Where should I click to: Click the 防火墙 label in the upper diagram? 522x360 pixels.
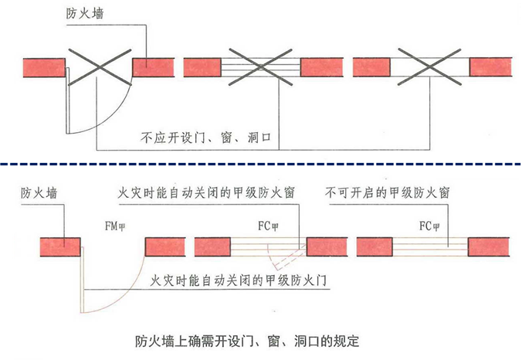point(88,15)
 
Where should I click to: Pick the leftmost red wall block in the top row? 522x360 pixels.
point(42,67)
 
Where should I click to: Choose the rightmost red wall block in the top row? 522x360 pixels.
point(491,67)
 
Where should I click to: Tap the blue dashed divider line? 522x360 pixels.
point(261,165)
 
